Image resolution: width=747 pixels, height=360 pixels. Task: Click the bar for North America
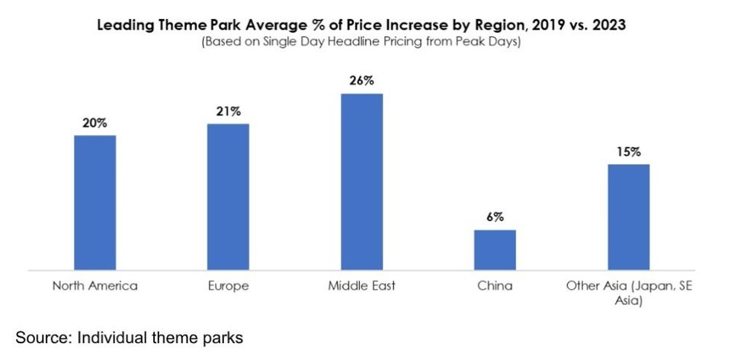coord(95,202)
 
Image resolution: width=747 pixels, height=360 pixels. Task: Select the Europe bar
coord(228,197)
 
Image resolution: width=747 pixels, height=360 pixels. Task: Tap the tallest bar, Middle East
coord(361,182)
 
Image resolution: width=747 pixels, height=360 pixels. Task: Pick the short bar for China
coord(495,249)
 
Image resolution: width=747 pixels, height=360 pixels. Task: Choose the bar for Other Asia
coord(628,217)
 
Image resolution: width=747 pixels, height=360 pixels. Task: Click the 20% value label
coord(95,123)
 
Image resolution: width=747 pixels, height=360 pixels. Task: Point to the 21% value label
coord(228,111)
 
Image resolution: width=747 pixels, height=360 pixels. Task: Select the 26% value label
coord(361,81)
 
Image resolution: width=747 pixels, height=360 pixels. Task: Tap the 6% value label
coord(495,217)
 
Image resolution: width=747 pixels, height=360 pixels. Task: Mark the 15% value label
coord(628,152)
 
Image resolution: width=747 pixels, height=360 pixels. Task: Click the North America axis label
coord(95,286)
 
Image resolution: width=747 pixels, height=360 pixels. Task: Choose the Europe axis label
coord(228,286)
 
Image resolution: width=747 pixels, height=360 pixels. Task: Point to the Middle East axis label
coord(361,286)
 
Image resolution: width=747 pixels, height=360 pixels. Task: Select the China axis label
coord(495,286)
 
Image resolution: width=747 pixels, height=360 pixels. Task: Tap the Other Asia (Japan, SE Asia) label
coord(628,293)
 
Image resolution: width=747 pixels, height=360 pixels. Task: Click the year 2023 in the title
coord(608,25)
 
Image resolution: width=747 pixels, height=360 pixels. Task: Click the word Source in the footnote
coord(42,336)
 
